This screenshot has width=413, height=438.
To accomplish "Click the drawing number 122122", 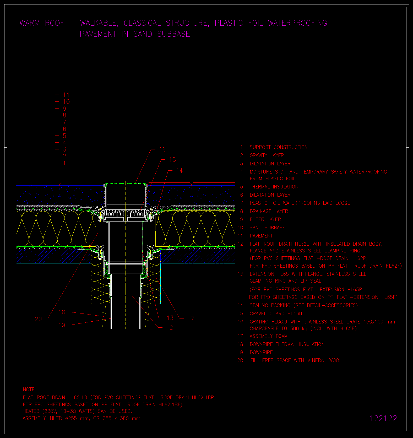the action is click(383, 419).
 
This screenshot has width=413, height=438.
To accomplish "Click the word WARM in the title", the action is click(30, 23).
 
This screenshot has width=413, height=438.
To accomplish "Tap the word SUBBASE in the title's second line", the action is click(173, 34).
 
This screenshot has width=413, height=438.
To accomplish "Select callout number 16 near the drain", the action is click(162, 149).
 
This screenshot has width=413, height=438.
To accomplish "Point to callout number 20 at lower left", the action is click(38, 319).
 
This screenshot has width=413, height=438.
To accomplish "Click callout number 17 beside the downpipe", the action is click(191, 318).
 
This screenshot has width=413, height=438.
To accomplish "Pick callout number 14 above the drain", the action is click(179, 171).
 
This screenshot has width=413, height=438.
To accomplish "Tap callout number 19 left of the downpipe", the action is click(62, 325).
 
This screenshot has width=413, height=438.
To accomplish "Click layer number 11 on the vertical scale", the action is click(66, 95).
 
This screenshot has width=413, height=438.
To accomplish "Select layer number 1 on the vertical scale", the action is click(64, 163).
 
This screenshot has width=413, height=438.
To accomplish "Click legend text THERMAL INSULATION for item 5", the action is click(274, 187).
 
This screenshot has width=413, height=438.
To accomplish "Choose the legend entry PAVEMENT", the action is click(261, 236).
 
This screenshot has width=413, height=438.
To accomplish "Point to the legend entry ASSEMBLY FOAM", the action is click(268, 336).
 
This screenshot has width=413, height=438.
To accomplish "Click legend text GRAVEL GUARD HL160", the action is click(276, 314).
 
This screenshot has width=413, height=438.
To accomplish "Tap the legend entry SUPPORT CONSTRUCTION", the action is click(279, 147).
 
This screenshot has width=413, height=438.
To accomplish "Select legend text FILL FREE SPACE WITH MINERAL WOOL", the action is click(296, 360).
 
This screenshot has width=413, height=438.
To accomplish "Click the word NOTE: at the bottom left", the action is click(29, 390).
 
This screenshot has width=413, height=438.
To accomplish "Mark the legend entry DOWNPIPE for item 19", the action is click(261, 353).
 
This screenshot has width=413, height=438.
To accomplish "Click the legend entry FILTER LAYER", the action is click(265, 220).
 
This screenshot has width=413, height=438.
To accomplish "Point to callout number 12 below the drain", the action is click(170, 328).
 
